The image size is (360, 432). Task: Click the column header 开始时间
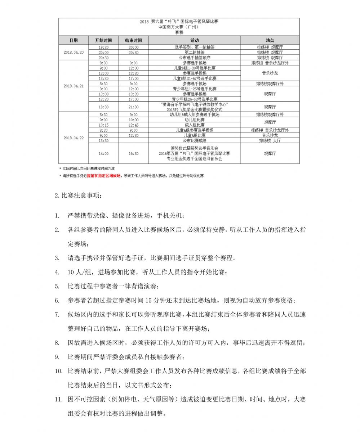point(103,40)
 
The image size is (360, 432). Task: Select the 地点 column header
point(270,40)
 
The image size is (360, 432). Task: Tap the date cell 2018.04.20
point(74,52)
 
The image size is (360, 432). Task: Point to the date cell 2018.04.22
point(74,138)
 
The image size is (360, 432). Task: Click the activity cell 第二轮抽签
point(194,52)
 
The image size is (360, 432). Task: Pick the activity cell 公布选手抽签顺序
point(194,58)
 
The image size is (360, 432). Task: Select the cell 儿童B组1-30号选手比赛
point(194,68)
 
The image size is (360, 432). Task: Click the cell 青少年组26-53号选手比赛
point(194,99)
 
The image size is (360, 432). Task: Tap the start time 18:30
point(103,107)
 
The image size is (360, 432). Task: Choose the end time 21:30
point(133,107)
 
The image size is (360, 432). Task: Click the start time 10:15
point(103,125)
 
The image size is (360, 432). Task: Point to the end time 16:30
point(133,153)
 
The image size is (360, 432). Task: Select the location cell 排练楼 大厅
point(270,141)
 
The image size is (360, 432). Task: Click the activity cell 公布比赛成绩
point(194,141)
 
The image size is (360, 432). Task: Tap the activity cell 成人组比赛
point(194,125)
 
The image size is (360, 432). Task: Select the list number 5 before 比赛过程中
point(57,286)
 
